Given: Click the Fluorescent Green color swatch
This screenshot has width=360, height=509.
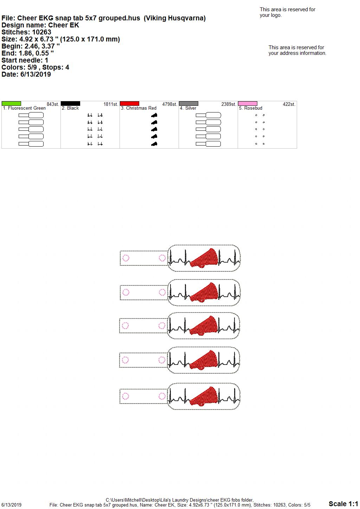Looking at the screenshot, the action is [x=11, y=104].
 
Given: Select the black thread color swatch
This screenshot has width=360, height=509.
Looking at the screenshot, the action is [x=70, y=104].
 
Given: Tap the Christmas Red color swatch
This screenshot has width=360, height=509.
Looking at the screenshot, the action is [x=129, y=104].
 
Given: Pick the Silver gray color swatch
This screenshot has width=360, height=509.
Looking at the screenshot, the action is [x=189, y=104].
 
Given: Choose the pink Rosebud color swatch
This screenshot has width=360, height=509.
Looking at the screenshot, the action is [x=248, y=104].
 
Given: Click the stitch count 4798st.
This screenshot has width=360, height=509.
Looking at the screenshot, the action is [x=169, y=104].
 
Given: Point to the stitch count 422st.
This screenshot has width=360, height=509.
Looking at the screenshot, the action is [x=289, y=104].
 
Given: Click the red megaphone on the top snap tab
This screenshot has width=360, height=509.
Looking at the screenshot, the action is [x=204, y=258].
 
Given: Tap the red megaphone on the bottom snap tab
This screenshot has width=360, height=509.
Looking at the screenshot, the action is [x=204, y=396].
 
